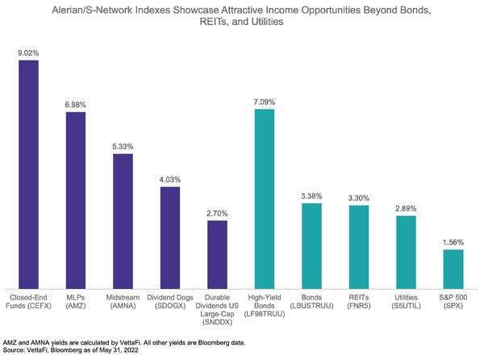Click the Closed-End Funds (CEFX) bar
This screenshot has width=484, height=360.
coord(29,174)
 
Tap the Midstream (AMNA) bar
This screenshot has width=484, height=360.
coord(123,221)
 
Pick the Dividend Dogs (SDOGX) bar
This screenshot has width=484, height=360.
coord(170,238)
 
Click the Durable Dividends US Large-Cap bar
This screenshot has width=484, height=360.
coord(217,254)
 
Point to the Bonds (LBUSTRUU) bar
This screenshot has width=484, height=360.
coord(311,246)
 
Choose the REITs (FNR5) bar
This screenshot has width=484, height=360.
coord(358,247)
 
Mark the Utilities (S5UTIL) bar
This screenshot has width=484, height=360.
coord(406,252)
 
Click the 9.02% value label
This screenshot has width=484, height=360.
coord(29,53)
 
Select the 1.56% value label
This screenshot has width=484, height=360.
coord(453,243)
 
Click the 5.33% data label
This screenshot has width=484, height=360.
coord(123,147)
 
